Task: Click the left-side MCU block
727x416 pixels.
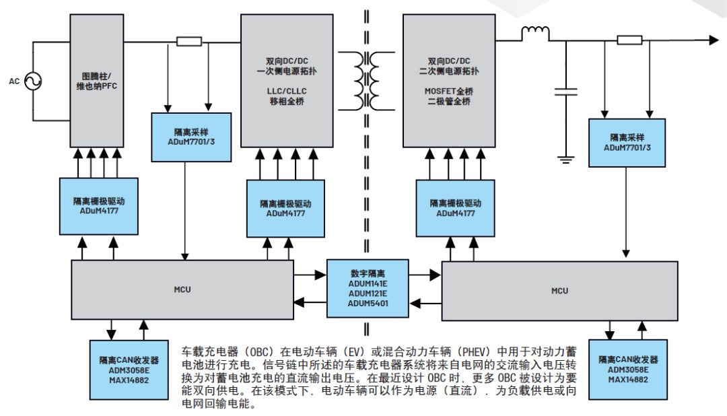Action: point(182,289)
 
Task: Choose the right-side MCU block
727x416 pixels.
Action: point(559,291)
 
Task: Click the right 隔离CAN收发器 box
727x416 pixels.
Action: point(625,369)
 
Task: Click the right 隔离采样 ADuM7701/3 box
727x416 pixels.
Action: point(627,142)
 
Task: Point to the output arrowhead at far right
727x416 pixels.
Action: point(713,40)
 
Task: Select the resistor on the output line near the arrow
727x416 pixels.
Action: point(629,40)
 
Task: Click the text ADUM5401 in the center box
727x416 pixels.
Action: point(368,304)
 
